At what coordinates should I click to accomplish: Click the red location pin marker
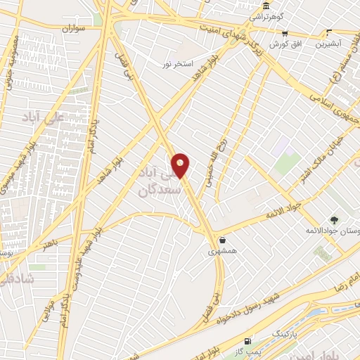click(x=181, y=165)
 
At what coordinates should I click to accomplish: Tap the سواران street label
click(x=72, y=29)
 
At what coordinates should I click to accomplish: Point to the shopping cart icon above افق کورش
click(x=285, y=33)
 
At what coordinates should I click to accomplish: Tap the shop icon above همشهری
click(x=222, y=240)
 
